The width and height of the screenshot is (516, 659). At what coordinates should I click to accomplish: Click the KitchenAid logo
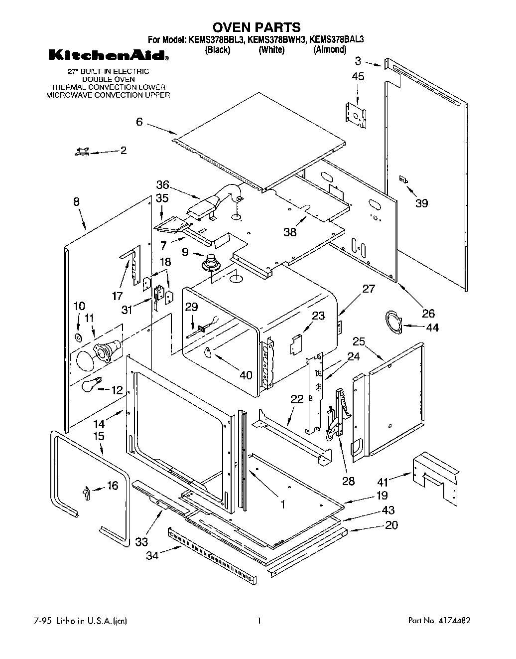108,55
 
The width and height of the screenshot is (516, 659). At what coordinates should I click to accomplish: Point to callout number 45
358,76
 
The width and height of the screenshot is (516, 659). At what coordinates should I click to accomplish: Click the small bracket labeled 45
357,113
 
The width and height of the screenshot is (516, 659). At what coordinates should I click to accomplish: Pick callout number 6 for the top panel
139,121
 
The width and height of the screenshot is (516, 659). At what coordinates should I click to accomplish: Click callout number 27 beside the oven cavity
369,289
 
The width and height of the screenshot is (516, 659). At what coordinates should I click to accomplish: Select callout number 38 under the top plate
290,232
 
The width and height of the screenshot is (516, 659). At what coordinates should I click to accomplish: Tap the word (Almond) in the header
329,49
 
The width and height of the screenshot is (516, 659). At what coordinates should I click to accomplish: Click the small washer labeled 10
78,338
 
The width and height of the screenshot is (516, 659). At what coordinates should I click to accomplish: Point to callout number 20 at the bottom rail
391,525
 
